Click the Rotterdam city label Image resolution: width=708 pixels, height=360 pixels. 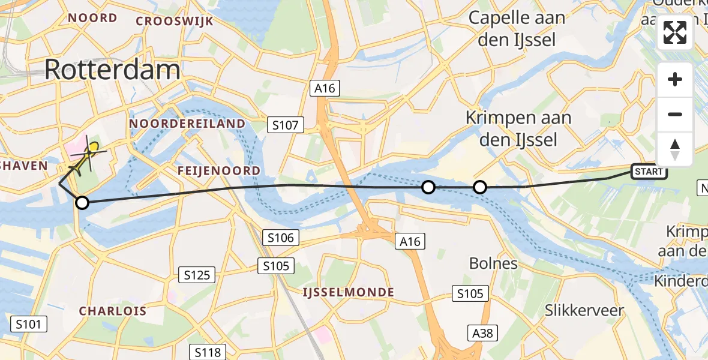click(112, 70)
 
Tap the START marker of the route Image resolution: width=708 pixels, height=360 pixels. click(649, 172)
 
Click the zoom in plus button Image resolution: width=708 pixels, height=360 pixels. click(675, 80)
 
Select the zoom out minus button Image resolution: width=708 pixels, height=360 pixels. click(675, 114)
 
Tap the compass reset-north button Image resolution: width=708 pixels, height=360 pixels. click(675, 149)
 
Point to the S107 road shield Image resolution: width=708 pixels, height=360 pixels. click(286, 125)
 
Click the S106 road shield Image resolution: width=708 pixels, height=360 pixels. click(281, 238)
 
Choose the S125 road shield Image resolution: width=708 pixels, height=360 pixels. click(197, 275)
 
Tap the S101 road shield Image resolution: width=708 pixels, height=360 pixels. click(29, 325)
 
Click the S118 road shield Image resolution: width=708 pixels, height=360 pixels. click(208, 352)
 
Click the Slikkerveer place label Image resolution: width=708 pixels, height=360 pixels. click(584, 310)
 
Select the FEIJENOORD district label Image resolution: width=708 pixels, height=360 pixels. click(219, 171)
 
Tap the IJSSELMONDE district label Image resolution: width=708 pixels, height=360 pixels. click(348, 292)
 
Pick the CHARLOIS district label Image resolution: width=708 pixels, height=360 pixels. click(113, 311)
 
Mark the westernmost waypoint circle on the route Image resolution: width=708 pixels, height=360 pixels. click(82, 203)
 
